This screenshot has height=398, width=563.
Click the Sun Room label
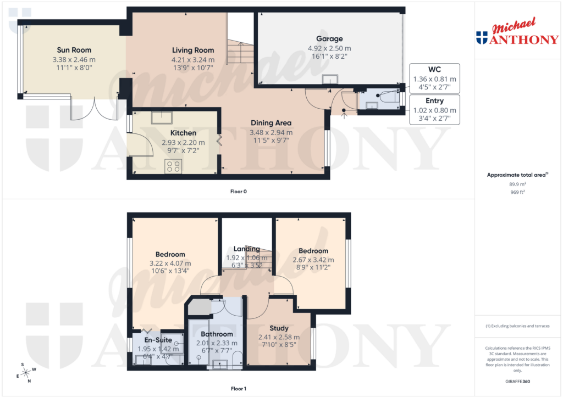[x=74, y=50]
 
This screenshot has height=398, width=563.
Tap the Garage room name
[x=329, y=38]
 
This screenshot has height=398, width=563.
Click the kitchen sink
[x=162, y=117]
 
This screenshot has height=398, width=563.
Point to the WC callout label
[x=434, y=69]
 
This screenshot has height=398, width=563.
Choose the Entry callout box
[x=434, y=109]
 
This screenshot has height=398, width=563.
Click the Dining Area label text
[x=271, y=123]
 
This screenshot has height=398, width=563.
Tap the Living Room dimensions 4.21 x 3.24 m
[x=193, y=60]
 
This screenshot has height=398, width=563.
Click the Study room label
[x=279, y=328]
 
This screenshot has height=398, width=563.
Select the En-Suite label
[x=158, y=340]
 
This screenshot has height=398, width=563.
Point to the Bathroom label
[x=217, y=334]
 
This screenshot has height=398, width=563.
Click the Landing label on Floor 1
[x=246, y=249]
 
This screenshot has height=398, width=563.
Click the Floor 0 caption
[x=239, y=192]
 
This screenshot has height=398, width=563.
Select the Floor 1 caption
[x=239, y=389]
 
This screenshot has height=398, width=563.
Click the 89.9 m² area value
[x=518, y=186]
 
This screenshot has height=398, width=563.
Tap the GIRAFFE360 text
[x=518, y=382]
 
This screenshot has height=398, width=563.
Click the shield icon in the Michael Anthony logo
[x=482, y=37]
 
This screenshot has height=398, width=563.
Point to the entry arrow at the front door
[x=344, y=114]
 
